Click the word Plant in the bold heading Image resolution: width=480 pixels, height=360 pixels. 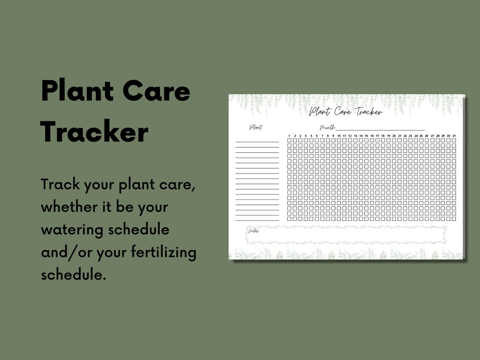(x=77, y=91)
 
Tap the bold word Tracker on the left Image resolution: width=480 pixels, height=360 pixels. (x=94, y=132)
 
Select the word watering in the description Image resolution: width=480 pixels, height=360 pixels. (x=72, y=229)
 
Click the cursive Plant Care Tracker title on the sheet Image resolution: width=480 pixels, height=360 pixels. (x=346, y=112)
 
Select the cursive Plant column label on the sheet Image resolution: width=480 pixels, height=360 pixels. (x=256, y=128)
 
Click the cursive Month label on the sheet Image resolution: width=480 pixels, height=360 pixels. (x=327, y=128)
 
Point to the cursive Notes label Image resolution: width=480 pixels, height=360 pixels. (x=254, y=231)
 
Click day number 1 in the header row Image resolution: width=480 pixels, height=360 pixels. (x=289, y=136)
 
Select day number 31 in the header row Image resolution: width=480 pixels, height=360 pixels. (x=454, y=136)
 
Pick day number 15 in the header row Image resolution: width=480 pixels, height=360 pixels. (x=366, y=136)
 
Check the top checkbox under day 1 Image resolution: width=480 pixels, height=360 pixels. (x=289, y=140)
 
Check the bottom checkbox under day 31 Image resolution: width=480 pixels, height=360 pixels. (x=454, y=219)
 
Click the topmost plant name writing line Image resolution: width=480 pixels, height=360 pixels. (x=257, y=142)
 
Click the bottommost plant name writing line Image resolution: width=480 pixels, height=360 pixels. (x=257, y=220)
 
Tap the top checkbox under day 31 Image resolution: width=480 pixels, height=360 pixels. (x=454, y=140)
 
